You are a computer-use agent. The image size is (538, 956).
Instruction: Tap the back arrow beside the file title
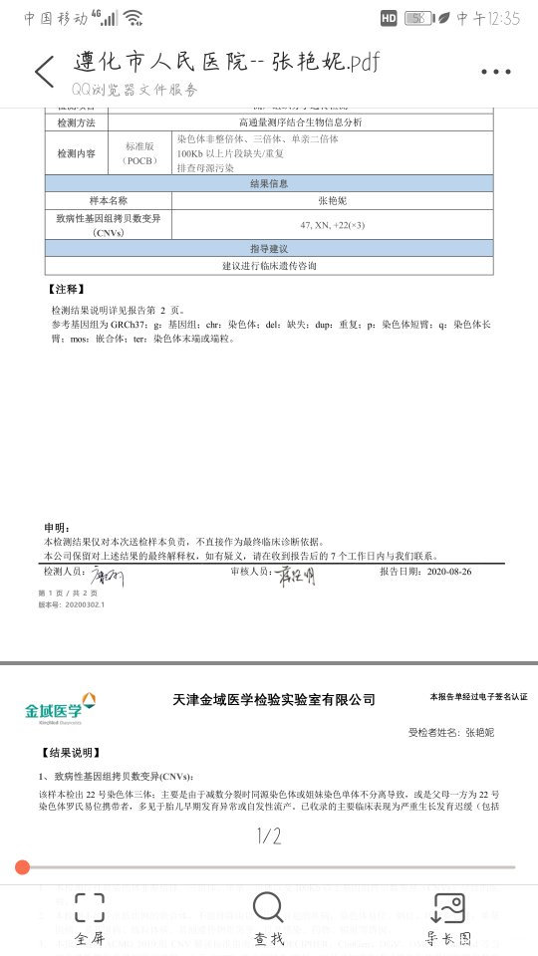[x=44, y=72]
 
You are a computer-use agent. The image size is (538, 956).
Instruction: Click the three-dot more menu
[x=495, y=72]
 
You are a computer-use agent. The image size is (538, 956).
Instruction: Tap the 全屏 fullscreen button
[x=89, y=917]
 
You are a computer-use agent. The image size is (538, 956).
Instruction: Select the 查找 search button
[x=268, y=917]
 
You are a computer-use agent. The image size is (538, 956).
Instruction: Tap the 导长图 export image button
[x=448, y=917]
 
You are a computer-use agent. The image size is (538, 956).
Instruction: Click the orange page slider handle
[x=23, y=867]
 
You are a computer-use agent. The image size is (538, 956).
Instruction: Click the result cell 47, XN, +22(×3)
[x=332, y=225]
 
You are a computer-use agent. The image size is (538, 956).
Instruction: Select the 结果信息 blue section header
[x=269, y=183]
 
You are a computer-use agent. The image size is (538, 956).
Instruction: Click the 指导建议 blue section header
[x=269, y=248]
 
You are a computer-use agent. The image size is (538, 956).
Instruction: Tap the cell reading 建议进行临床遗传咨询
[x=269, y=266]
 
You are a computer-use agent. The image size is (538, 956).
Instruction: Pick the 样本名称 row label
[x=108, y=200]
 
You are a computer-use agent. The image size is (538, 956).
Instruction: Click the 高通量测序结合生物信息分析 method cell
[x=332, y=121]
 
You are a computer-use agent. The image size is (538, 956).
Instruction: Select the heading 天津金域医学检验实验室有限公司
[x=274, y=700]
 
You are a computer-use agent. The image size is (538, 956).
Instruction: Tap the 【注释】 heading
[x=65, y=289]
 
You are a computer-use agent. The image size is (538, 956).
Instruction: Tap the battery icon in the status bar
[x=418, y=18]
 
